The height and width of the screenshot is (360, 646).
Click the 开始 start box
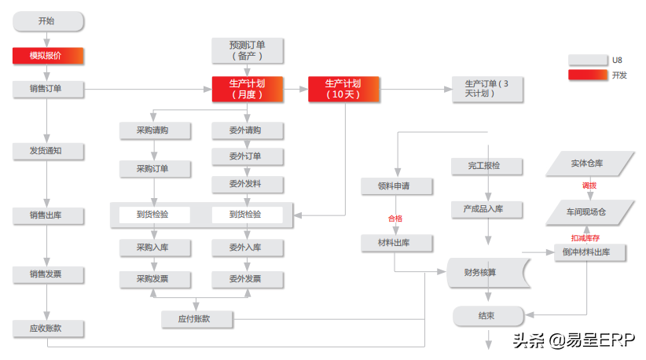coord(47,21)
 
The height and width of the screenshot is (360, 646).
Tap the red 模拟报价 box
coord(47,56)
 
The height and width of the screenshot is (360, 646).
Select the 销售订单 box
coord(47,89)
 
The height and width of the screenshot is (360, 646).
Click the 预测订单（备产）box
coord(248,50)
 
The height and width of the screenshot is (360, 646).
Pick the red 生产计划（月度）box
coord(248,89)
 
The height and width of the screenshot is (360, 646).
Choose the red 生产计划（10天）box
coord(343,89)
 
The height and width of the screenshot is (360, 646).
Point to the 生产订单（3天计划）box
coord(488,89)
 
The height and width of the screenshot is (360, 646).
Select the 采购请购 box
coord(153,130)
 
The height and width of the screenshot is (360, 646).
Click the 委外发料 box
coord(246,184)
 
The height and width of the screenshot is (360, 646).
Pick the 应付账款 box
coord(196,318)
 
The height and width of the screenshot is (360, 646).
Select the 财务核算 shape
coord(486,273)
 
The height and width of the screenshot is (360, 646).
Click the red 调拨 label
coord(589,186)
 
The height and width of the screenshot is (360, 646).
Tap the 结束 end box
coord(487,316)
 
